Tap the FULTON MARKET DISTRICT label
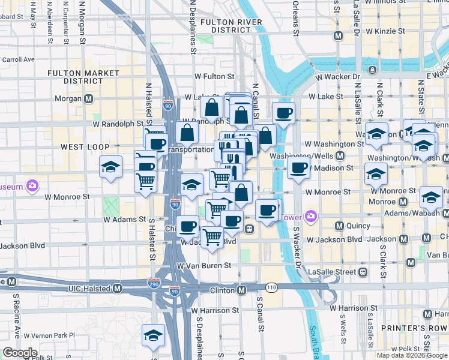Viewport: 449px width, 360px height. [83, 77]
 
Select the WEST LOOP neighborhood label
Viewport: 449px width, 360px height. [85, 146]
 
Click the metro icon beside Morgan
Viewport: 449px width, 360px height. [89, 98]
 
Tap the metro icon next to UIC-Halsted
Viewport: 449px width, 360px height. [117, 289]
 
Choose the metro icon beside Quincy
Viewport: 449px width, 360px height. [339, 226]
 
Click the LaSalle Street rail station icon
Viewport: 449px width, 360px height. [363, 272]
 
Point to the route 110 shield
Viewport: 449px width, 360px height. [271, 288]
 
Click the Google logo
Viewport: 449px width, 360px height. [20, 353]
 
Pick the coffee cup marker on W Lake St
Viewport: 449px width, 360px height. [283, 112]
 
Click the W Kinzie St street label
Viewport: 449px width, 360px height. [390, 31]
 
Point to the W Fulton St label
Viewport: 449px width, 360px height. [214, 77]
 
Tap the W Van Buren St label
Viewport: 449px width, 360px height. [204, 265]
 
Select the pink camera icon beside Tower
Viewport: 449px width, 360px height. [311, 215]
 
